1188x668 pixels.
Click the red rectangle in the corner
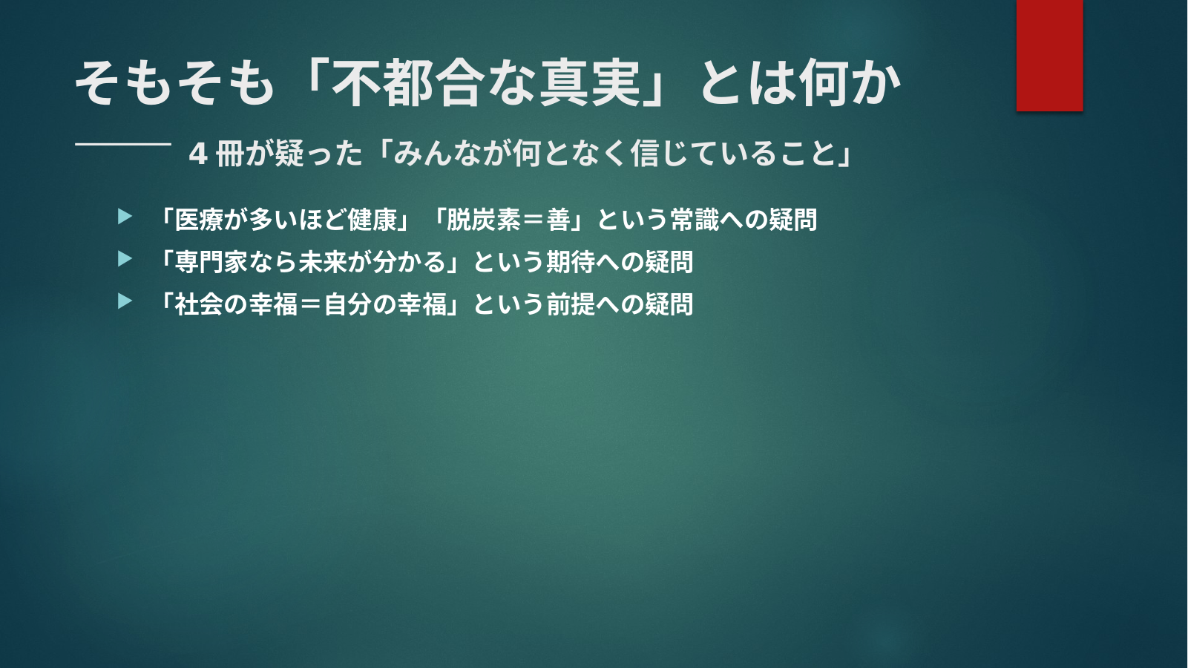pos(1049,55)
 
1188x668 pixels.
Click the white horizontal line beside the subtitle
pos(123,144)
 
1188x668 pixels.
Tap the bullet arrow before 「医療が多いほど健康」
pos(125,217)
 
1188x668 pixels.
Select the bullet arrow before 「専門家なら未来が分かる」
pos(125,259)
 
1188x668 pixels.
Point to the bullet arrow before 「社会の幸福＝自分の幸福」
pos(125,301)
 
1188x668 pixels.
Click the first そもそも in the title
pos(175,83)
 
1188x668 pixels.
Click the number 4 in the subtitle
pos(198,154)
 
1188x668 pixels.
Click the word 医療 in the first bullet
pos(200,219)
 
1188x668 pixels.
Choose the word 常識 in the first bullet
pos(695,219)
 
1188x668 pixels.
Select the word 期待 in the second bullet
pos(571,261)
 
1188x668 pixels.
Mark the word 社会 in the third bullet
pos(200,304)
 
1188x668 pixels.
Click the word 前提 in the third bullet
pos(571,304)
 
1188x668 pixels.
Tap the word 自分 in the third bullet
pos(348,304)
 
